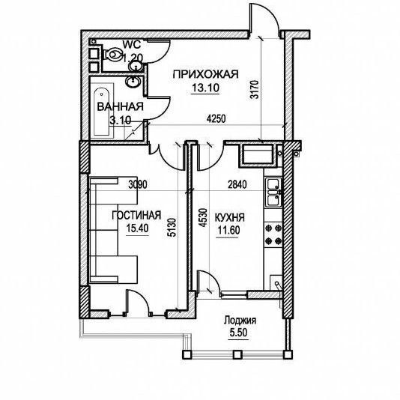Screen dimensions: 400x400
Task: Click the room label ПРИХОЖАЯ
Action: point(205,74)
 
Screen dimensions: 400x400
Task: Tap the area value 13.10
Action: point(205,88)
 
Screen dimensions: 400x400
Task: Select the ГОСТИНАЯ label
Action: point(136,215)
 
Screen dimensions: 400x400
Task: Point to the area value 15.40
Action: point(137,228)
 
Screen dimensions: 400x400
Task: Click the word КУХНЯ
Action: point(230,217)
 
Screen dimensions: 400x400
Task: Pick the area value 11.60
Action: point(228,231)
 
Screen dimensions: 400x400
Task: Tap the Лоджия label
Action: point(240,320)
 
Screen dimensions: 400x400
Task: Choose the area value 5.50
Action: point(238,333)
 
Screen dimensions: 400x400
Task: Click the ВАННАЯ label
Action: point(120,106)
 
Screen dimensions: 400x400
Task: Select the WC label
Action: point(132,45)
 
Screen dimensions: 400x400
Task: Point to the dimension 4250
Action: point(216,118)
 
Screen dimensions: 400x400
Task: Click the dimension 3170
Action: point(255,90)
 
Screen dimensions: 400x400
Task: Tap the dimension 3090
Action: point(138,184)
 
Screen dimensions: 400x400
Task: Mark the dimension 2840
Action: point(237,184)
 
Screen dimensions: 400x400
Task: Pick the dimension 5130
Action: point(172,228)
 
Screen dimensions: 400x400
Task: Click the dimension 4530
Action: point(203,217)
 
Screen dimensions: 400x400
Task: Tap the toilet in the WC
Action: point(113,55)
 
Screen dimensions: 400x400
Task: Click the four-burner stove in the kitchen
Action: point(273,234)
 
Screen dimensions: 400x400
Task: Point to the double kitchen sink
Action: point(273,192)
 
